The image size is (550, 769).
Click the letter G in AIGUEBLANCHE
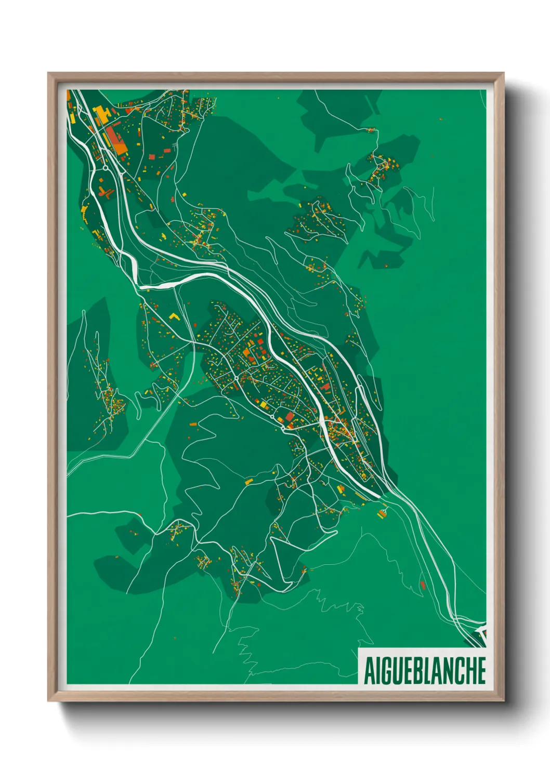(387, 670)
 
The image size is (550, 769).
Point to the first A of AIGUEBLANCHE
(369, 670)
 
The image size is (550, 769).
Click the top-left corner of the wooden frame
(49, 74)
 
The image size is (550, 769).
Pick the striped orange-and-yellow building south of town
(383, 513)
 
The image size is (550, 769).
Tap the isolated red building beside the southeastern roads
(423, 585)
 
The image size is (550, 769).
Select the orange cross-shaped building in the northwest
(107, 193)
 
